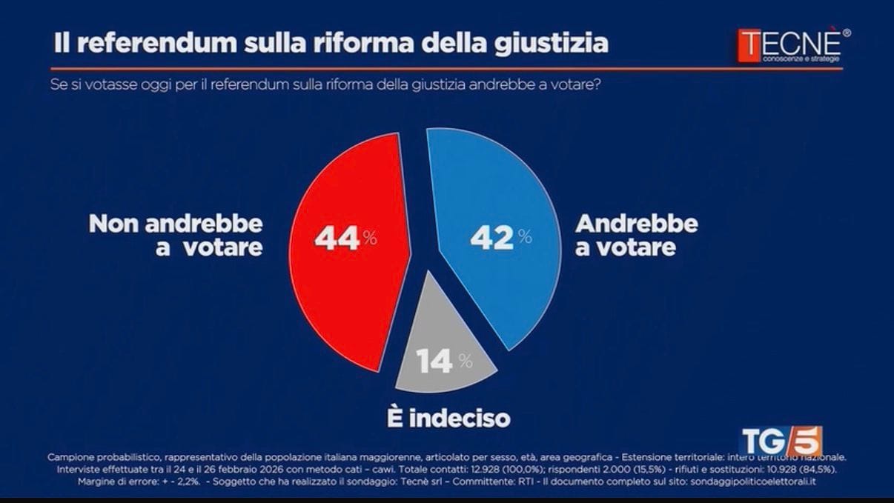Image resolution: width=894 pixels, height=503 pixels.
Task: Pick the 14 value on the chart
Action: (x=435, y=362)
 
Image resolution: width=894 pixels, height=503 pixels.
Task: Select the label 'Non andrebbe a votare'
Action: (x=176, y=236)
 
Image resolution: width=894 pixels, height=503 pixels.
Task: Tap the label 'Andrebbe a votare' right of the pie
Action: (x=636, y=236)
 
